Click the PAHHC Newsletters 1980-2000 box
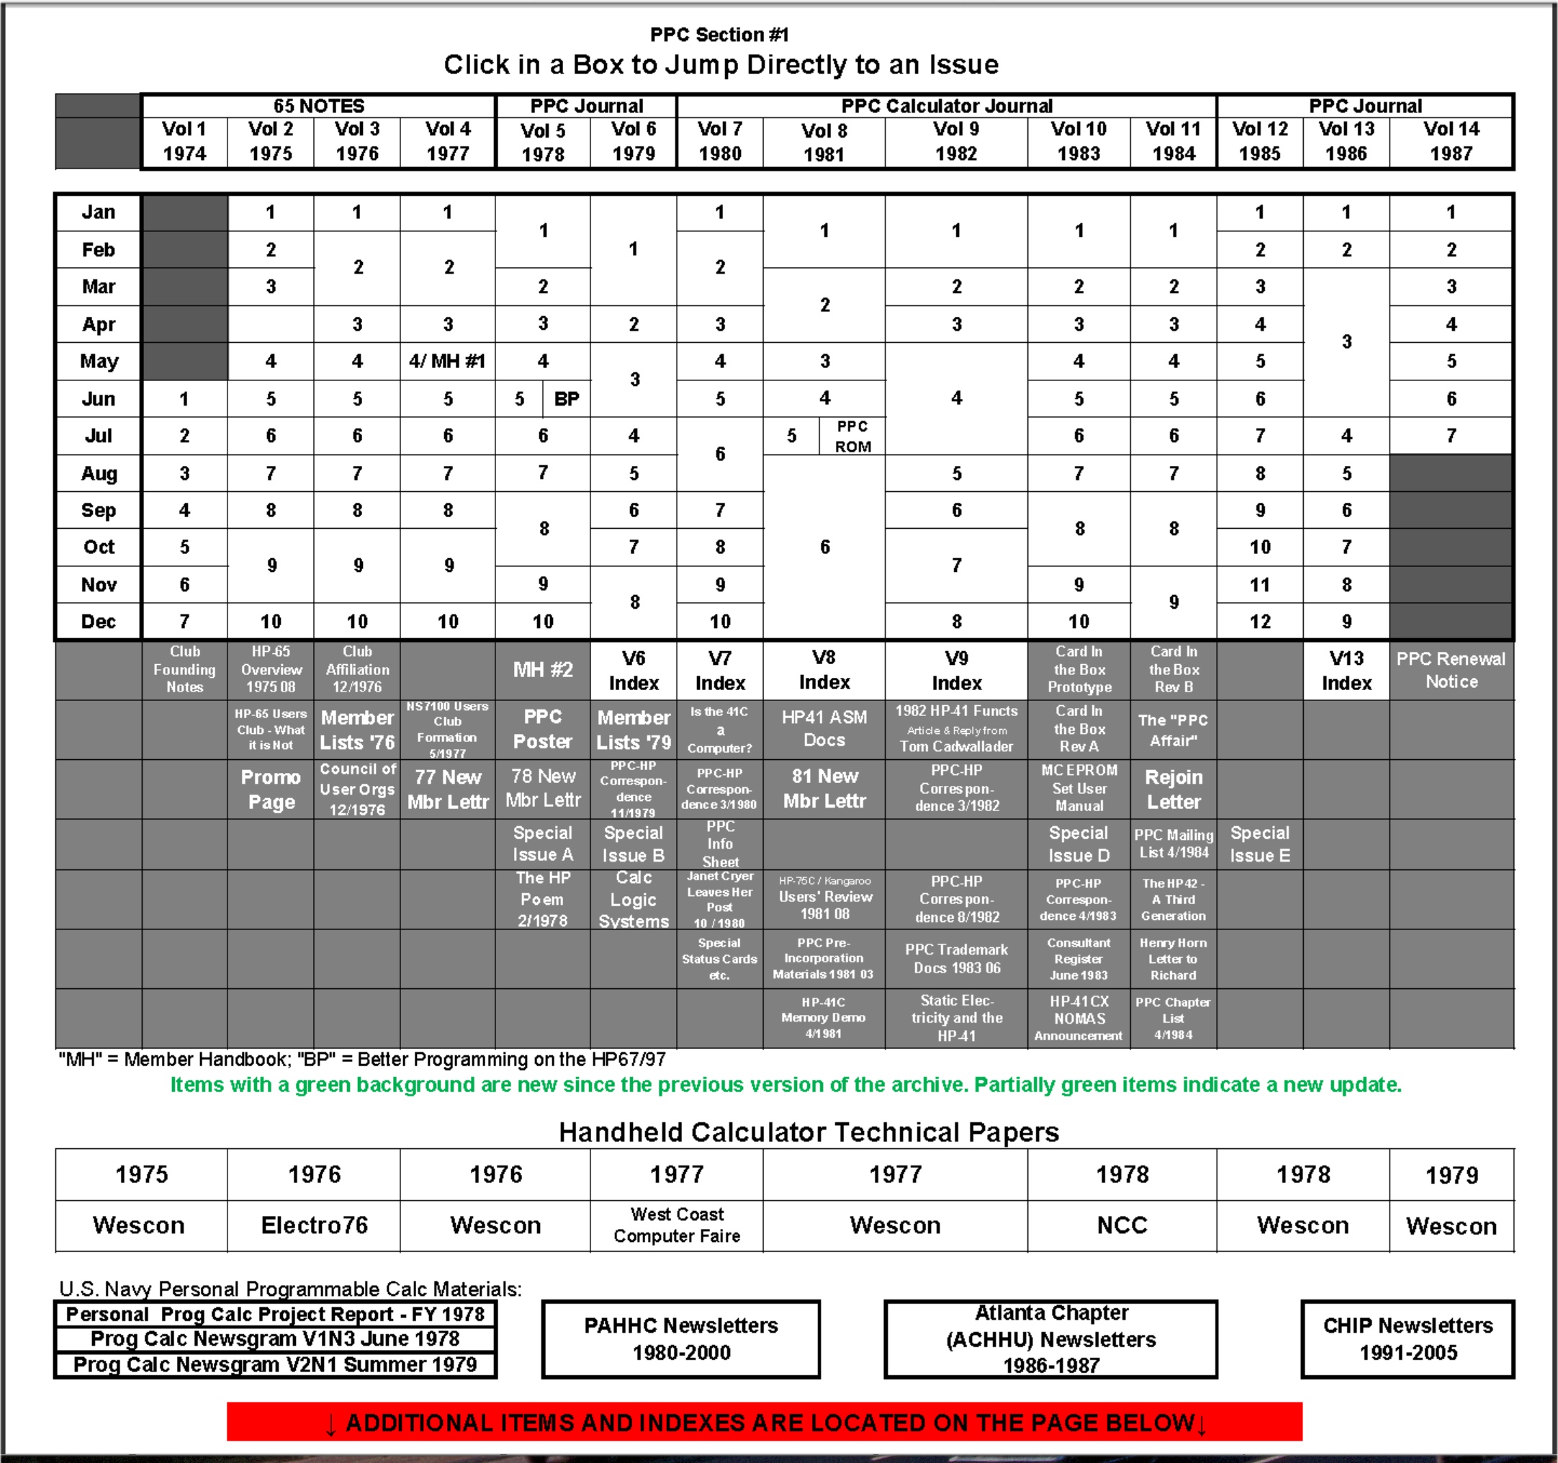pos(680,1338)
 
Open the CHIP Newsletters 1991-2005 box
pos(1408,1338)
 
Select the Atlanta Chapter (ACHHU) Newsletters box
pos(1050,1338)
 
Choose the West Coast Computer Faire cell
pos(676,1225)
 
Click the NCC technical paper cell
pos(1122,1225)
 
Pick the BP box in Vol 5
pos(567,399)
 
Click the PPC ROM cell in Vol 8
pos(852,436)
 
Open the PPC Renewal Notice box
pos(1451,670)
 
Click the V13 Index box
pos(1346,670)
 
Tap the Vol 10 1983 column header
pos(1079,141)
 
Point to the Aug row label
pos(99,473)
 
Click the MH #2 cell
pos(542,670)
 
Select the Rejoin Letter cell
pos(1174,789)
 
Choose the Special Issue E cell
pos(1259,844)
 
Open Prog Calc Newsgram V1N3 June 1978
pos(274,1338)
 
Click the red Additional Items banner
pos(764,1422)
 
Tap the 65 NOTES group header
pos(318,106)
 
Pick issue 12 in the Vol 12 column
pos(1259,622)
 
